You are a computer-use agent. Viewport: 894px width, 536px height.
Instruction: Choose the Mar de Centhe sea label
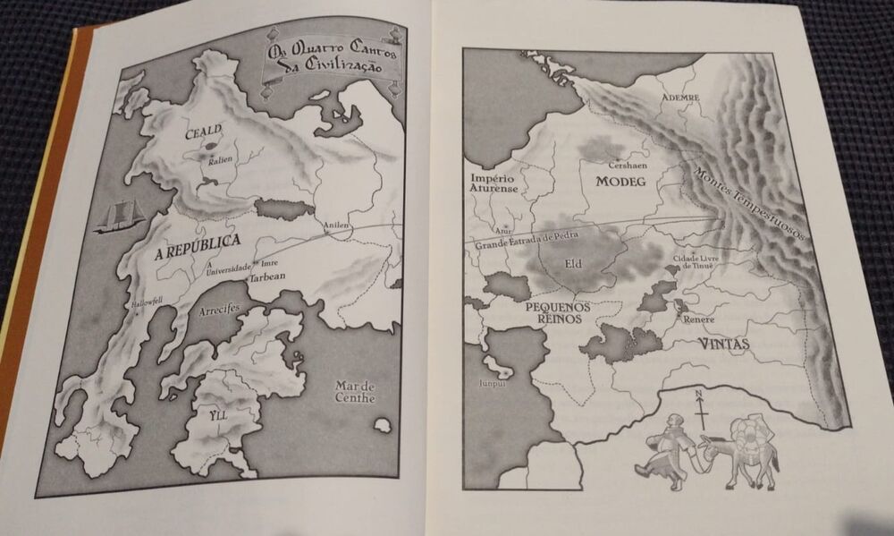click(355, 392)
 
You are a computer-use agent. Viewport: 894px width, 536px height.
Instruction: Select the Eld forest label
click(574, 264)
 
